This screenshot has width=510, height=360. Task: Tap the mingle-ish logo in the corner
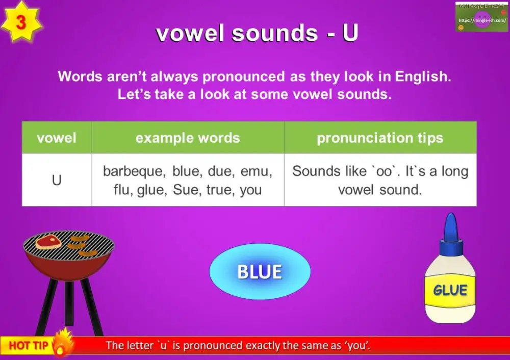(x=481, y=17)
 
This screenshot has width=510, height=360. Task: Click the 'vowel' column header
(x=57, y=138)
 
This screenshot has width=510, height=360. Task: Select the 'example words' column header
(x=188, y=138)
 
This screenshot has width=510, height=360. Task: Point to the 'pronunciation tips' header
(x=380, y=138)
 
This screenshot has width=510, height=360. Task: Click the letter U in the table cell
(x=57, y=180)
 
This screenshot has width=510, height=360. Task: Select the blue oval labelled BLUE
(x=260, y=271)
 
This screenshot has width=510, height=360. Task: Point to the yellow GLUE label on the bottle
(x=450, y=291)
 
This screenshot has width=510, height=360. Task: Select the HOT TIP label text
(x=29, y=345)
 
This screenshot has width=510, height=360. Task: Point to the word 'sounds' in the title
(x=274, y=33)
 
